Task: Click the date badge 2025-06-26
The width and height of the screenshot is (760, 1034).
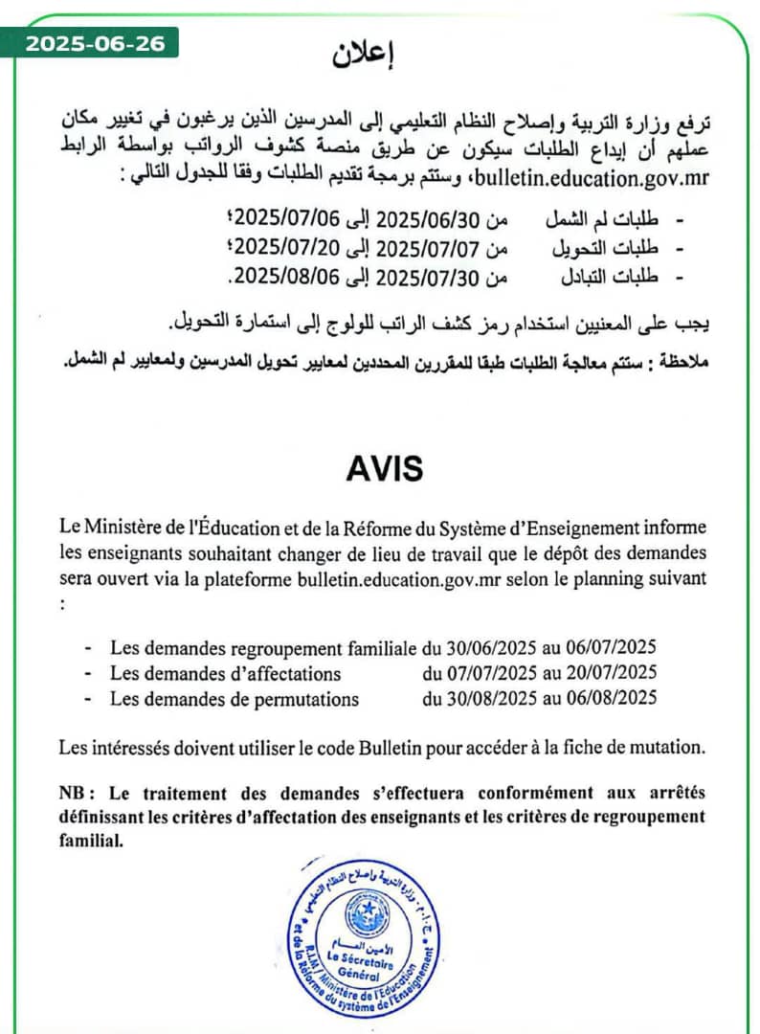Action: point(95,43)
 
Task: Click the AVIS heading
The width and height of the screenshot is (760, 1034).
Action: point(382,469)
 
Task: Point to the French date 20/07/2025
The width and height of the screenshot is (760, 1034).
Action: point(612,673)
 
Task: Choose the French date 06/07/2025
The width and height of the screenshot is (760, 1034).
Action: point(612,647)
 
